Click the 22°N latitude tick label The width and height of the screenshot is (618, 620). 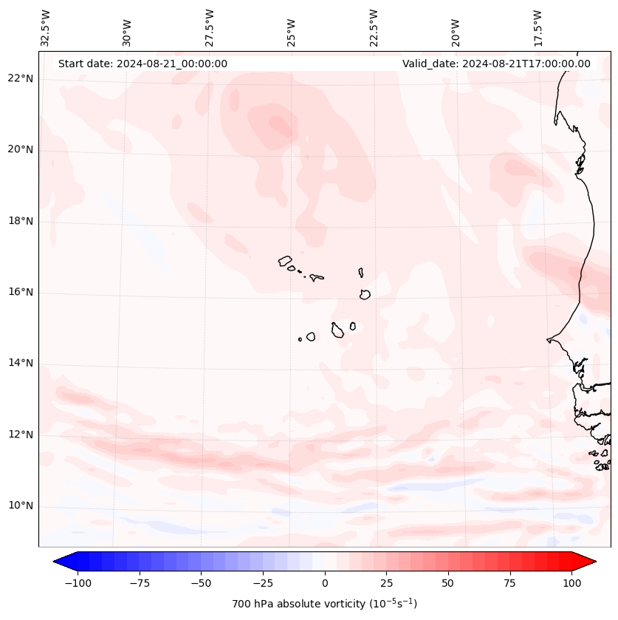[20, 78]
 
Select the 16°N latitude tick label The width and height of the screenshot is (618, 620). [20, 292]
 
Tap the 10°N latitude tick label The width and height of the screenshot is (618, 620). [20, 505]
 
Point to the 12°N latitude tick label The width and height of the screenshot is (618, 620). [20, 435]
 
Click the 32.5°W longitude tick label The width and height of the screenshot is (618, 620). [46, 27]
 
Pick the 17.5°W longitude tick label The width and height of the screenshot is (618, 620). [538, 27]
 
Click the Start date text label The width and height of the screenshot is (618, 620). [143, 64]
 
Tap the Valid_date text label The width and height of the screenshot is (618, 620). [496, 64]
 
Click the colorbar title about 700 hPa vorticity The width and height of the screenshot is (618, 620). [324, 604]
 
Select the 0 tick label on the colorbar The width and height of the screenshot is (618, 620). [324, 583]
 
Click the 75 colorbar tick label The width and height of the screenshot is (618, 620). [509, 583]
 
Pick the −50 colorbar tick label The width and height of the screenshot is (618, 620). [201, 583]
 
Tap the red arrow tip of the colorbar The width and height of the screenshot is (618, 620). [589, 562]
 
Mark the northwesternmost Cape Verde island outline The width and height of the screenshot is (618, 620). [285, 261]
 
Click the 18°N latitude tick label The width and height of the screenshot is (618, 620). [20, 221]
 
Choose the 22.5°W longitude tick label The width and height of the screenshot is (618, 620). [374, 27]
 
